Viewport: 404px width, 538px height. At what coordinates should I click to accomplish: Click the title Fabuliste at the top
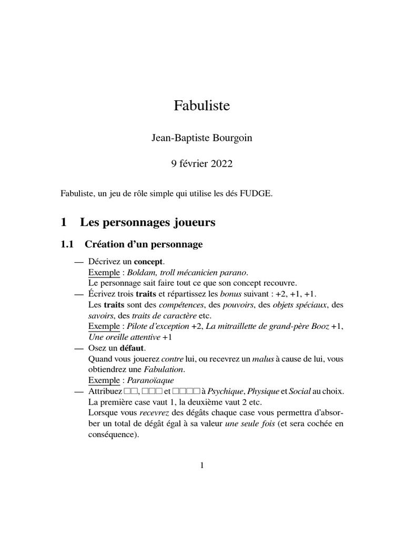coord(202,106)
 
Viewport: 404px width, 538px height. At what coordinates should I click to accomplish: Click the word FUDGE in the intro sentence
coord(256,194)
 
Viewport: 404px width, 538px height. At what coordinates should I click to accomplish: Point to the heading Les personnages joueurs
coord(148,222)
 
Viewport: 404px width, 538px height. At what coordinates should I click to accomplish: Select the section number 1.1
coord(69,244)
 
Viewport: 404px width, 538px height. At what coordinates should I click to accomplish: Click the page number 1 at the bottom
coord(202,465)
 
